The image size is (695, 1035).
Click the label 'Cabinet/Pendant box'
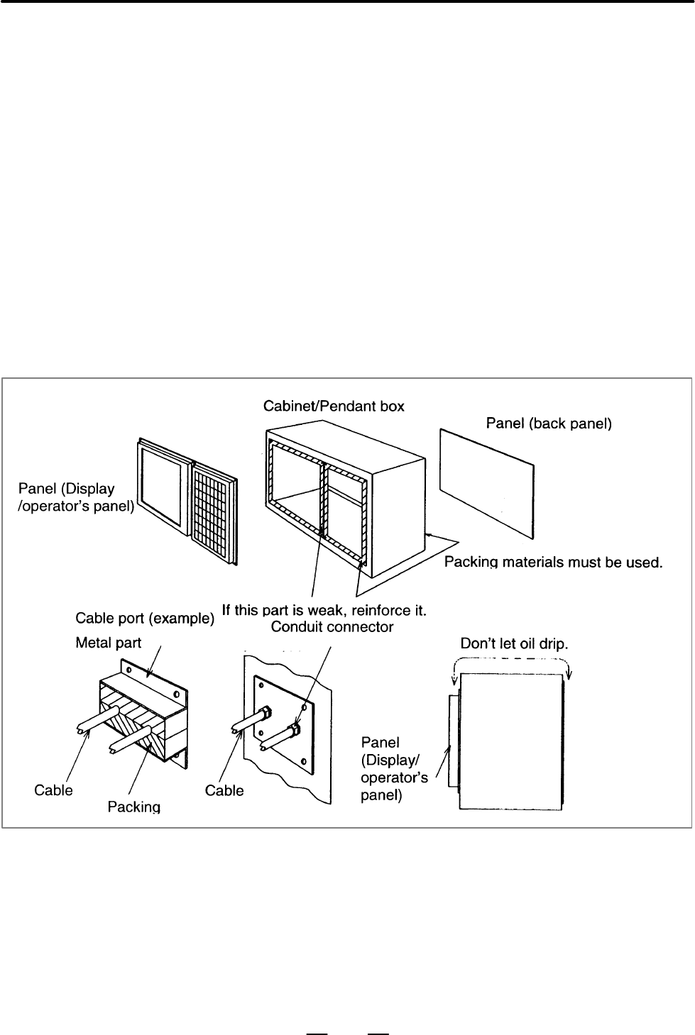pos(334,406)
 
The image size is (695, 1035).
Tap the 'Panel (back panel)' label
pos(549,424)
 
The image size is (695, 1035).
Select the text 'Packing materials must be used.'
pos(554,563)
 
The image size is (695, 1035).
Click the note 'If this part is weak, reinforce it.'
pos(324,610)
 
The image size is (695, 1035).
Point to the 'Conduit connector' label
pos(332,627)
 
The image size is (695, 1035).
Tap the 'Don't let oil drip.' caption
pos(514,643)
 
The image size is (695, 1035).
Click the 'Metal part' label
pos(108,643)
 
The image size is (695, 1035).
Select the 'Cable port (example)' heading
pos(145,618)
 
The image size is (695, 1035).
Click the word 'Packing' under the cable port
pos(134,807)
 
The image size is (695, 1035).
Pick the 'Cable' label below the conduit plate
pos(224,790)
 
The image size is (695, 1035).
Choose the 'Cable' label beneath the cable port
pos(53,790)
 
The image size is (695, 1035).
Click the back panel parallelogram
pos(487,484)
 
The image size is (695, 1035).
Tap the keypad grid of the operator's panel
pos(214,514)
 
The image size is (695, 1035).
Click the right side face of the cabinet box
pos(398,518)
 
